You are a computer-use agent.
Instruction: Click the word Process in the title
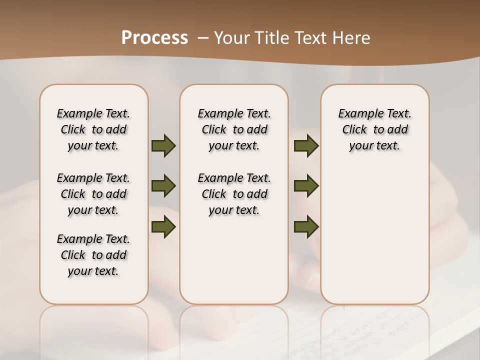point(154,38)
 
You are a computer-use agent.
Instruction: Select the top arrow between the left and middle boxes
point(163,146)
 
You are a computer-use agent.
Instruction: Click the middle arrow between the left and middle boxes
point(163,186)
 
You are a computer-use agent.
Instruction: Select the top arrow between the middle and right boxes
point(306,146)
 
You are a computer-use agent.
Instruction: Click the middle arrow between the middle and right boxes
point(306,186)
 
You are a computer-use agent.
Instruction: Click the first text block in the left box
point(93,129)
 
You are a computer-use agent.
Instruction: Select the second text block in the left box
point(93,194)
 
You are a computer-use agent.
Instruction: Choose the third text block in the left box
point(93,255)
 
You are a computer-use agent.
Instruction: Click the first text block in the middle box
point(234,129)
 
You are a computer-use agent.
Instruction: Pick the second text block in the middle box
point(234,194)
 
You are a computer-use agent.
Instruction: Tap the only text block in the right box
point(374,129)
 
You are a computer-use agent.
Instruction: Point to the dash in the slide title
point(203,38)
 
